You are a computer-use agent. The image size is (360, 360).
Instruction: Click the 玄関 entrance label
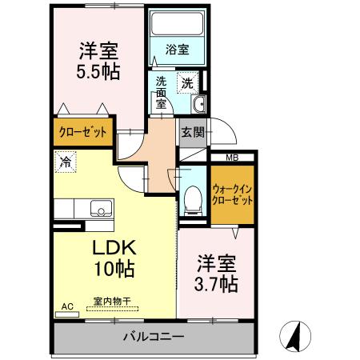tap(191, 132)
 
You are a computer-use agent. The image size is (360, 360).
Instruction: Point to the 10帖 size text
tap(110, 270)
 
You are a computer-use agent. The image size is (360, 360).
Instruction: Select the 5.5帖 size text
tap(98, 70)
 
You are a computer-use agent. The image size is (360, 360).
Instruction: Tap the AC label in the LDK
tap(67, 305)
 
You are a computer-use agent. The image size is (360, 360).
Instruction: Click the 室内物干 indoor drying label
tap(112, 301)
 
